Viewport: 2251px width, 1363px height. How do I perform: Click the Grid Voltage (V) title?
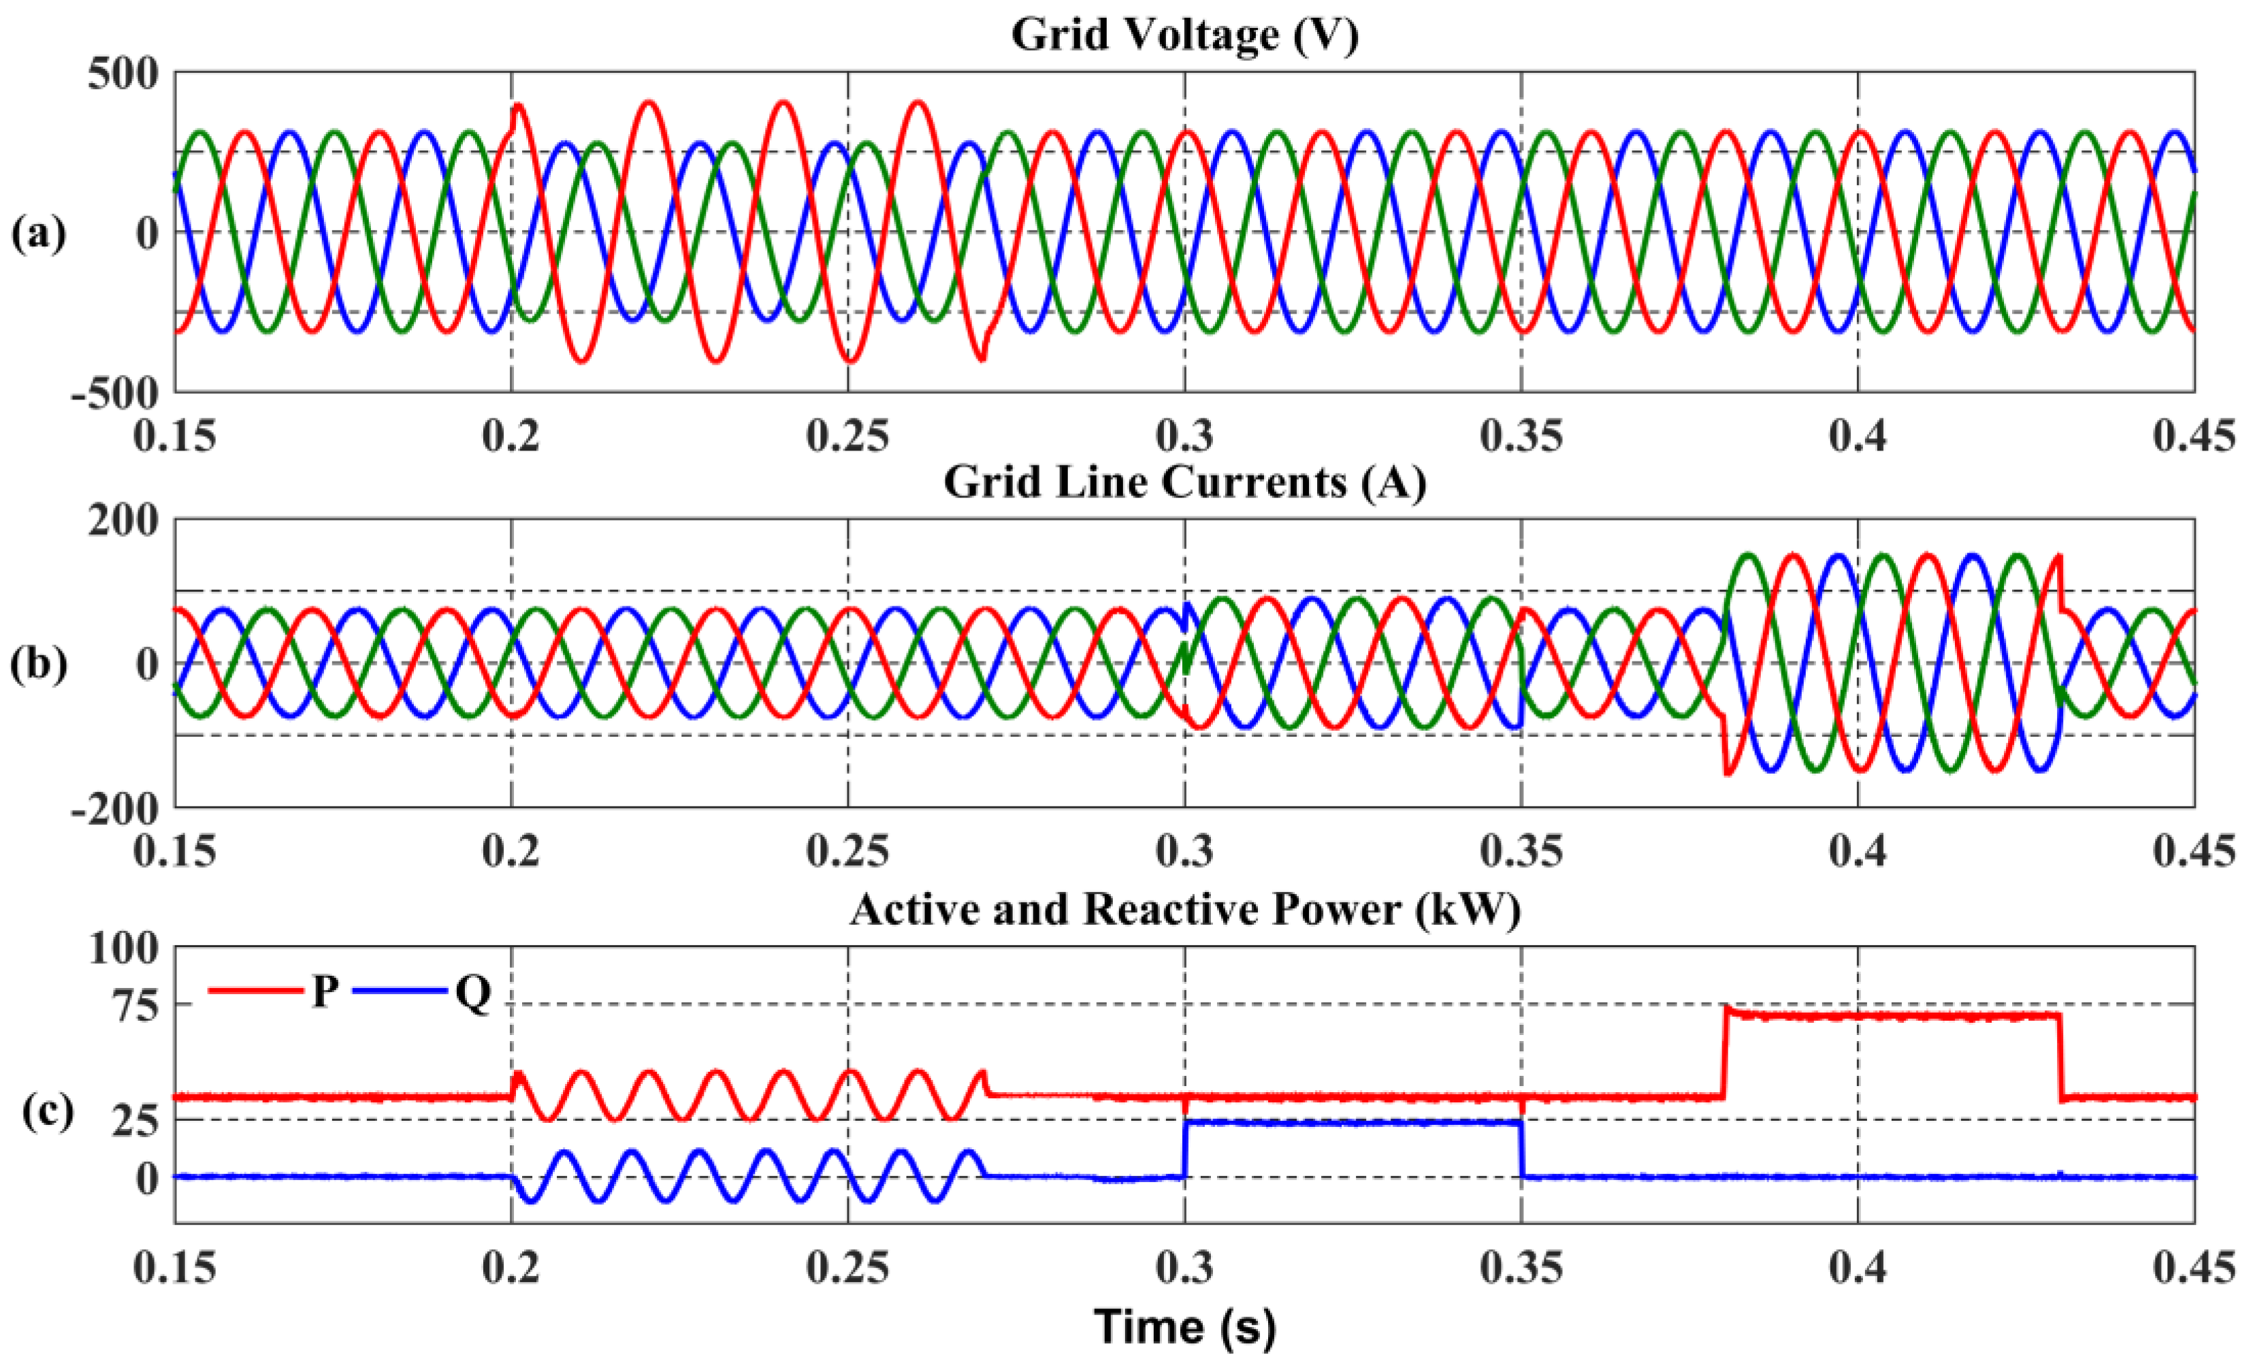pos(1185,35)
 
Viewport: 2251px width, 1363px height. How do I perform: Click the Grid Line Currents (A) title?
pos(1185,481)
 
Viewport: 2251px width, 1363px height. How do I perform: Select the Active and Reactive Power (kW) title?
pos(1185,910)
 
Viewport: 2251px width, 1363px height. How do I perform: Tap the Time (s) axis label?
pos(1185,1326)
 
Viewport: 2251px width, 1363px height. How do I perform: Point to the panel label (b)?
pos(38,664)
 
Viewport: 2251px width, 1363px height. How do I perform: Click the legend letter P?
pos(325,991)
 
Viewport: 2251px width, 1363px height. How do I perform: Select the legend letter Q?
pos(472,992)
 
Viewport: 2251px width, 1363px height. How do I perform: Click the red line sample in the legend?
pos(256,990)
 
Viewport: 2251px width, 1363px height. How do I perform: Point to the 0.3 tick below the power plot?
pos(1185,1270)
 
